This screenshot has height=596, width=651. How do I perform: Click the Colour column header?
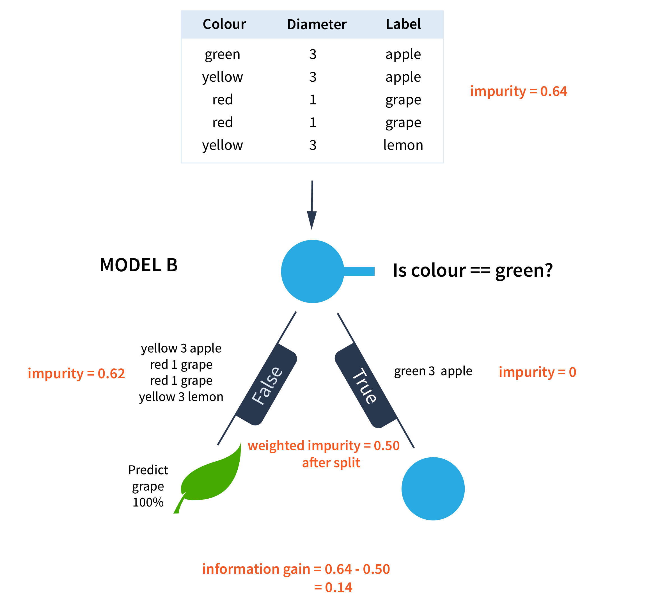click(x=224, y=24)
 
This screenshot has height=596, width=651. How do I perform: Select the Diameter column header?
click(x=317, y=24)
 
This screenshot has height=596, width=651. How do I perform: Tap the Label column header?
click(x=403, y=24)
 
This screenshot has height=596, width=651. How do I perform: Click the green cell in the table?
click(x=222, y=54)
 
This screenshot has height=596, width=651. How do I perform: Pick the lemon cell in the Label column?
click(x=403, y=145)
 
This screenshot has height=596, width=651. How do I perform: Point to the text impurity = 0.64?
click(x=518, y=91)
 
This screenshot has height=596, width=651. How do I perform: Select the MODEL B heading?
click(x=139, y=265)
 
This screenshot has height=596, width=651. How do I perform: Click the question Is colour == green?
click(x=473, y=271)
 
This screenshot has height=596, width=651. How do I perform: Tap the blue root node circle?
click(x=312, y=271)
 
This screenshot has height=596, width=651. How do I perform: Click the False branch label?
click(x=267, y=385)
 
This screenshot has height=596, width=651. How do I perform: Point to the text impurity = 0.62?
click(x=76, y=373)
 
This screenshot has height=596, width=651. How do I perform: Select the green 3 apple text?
click(x=433, y=371)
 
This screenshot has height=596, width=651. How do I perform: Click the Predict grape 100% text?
click(x=148, y=486)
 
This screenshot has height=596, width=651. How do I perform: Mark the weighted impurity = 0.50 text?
click(x=324, y=446)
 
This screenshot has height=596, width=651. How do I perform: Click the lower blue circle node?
click(x=433, y=489)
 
